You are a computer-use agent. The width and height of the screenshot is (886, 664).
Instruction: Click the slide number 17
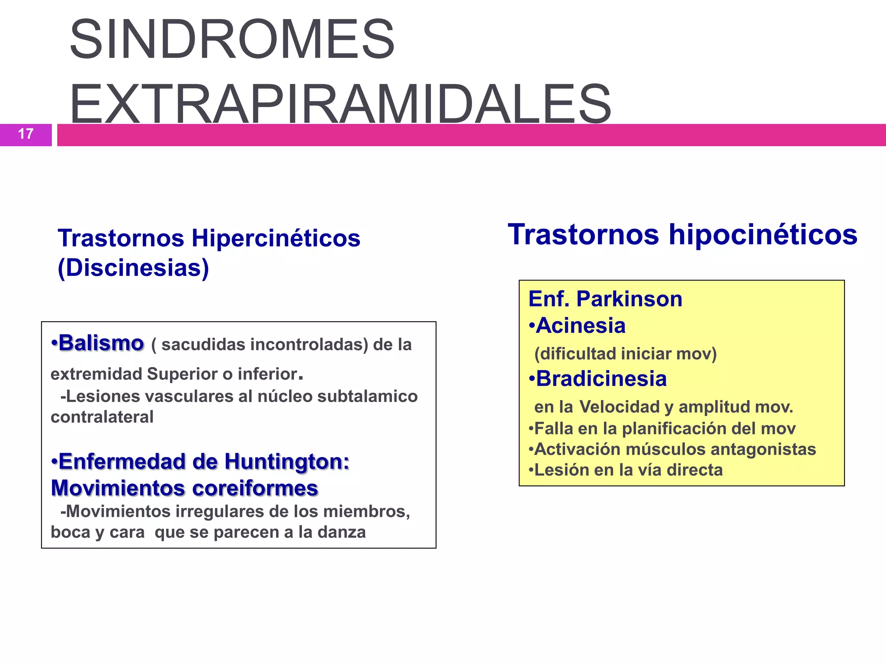click(26, 134)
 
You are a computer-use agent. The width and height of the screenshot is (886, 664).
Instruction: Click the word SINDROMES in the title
click(232, 39)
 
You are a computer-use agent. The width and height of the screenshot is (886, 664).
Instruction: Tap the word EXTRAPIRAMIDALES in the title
click(340, 105)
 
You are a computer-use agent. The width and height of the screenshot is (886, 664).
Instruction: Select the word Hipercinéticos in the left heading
click(276, 238)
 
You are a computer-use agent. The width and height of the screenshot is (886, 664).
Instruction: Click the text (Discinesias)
click(133, 268)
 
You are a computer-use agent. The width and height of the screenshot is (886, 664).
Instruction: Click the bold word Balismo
click(101, 343)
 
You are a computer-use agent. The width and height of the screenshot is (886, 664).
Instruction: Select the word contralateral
click(102, 417)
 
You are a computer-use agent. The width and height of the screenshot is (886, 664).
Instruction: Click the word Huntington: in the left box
click(287, 462)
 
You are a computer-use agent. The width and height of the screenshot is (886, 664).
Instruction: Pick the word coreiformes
click(255, 488)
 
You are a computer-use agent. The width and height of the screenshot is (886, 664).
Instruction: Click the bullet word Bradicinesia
click(601, 379)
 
